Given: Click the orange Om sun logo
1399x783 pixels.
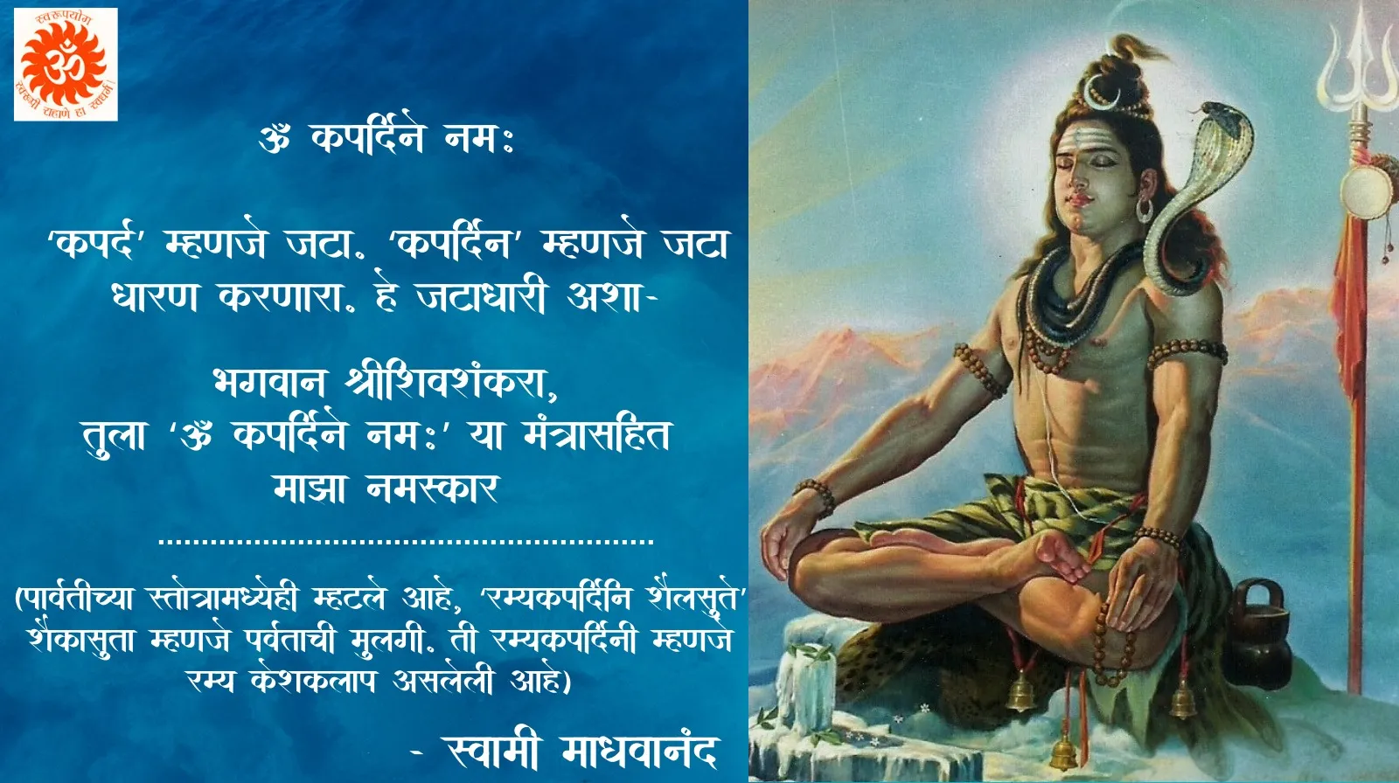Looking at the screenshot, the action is tap(66, 65).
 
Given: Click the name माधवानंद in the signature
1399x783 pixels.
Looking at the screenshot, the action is tap(637, 752).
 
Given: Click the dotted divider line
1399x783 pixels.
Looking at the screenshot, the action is tap(406, 541).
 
